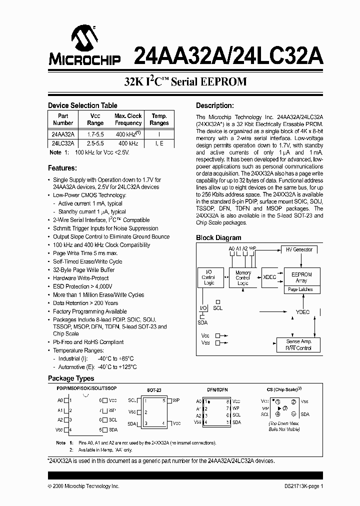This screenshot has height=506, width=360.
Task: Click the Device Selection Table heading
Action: coord(82,105)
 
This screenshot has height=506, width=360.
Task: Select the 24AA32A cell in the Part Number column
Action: coord(62,134)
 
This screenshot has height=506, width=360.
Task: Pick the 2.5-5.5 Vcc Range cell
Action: coord(95,143)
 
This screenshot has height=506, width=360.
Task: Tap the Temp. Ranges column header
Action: coord(159,119)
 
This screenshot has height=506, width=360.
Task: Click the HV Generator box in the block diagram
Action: coord(299,249)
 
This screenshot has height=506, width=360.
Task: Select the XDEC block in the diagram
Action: coord(269,276)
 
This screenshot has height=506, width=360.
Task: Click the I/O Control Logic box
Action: coord(209,277)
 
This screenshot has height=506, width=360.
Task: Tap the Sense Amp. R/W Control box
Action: coord(298,344)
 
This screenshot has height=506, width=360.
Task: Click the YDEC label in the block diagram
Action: coord(302,312)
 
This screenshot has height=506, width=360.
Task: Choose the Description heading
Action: coord(214,105)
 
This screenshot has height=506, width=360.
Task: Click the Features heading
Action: coord(62,168)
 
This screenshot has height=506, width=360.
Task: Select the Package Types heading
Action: coord(71,378)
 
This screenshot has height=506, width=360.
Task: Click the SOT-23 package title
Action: coord(154,389)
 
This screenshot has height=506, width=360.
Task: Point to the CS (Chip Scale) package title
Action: coord(284,389)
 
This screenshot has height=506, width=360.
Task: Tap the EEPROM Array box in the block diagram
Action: coord(301,277)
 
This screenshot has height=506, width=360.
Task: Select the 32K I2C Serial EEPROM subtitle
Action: coord(185,82)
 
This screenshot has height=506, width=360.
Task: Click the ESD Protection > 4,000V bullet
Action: coord(82,286)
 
